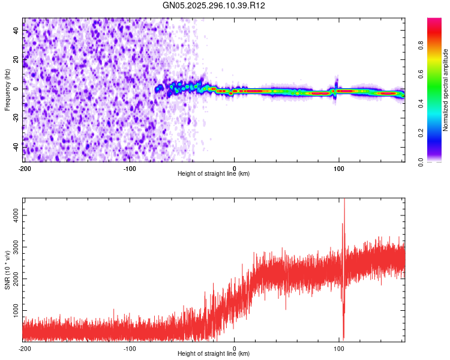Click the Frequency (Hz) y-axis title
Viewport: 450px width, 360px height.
click(7, 90)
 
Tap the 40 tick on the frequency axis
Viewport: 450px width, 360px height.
click(16, 31)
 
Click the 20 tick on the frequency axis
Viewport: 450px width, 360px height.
click(16, 59)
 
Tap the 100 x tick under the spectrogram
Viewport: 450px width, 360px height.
click(338, 168)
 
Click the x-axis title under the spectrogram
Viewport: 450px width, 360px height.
click(214, 174)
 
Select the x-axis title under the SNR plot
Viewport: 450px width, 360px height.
click(214, 355)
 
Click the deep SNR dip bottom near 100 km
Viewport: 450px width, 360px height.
click(344, 338)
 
